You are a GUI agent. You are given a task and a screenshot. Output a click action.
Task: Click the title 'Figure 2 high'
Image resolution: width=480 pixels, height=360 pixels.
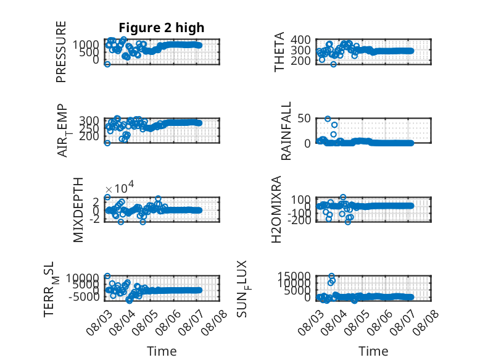coord(161,28)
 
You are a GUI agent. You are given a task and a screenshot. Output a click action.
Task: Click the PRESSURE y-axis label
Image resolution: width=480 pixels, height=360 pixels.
coord(61,51)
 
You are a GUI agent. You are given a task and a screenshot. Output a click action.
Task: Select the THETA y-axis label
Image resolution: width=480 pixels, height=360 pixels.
coord(279,52)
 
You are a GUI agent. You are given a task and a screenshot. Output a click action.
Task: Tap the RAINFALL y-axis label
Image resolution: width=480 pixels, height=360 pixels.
coord(286,131)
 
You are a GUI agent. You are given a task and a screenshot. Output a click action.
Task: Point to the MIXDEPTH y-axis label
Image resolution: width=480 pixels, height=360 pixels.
coord(78,210)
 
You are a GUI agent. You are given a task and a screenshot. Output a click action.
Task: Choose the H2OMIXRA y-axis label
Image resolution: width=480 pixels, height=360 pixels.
coord(276,209)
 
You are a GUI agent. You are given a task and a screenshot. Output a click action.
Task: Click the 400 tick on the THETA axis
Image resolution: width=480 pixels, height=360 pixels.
coord(300,40)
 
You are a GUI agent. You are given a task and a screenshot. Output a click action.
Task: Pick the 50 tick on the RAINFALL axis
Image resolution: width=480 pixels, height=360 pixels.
coord(304,119)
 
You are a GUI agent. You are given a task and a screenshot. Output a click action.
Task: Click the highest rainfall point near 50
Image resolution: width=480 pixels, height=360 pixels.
coord(328,119)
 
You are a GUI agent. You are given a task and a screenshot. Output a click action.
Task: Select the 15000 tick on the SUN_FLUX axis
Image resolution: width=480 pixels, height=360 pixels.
coord(294,276)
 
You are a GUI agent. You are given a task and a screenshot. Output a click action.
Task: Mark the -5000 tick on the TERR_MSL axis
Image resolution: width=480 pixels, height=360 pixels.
coord(84,296)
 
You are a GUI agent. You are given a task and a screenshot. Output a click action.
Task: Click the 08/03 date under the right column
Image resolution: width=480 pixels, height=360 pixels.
coord(311,322)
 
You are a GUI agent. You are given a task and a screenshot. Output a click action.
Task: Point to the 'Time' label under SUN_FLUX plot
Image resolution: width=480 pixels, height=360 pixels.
coord(373,351)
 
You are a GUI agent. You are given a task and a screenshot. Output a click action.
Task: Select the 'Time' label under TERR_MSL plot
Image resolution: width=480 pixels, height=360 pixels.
coord(162,351)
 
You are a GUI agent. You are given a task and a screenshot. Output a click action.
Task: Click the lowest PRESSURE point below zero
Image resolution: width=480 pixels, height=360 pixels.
coord(107,64)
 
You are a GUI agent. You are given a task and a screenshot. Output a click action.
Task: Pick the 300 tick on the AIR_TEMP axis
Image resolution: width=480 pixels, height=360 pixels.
coord(89,120)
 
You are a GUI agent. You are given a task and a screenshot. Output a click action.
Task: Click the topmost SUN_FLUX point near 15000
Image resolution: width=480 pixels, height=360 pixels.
coord(331,276)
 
